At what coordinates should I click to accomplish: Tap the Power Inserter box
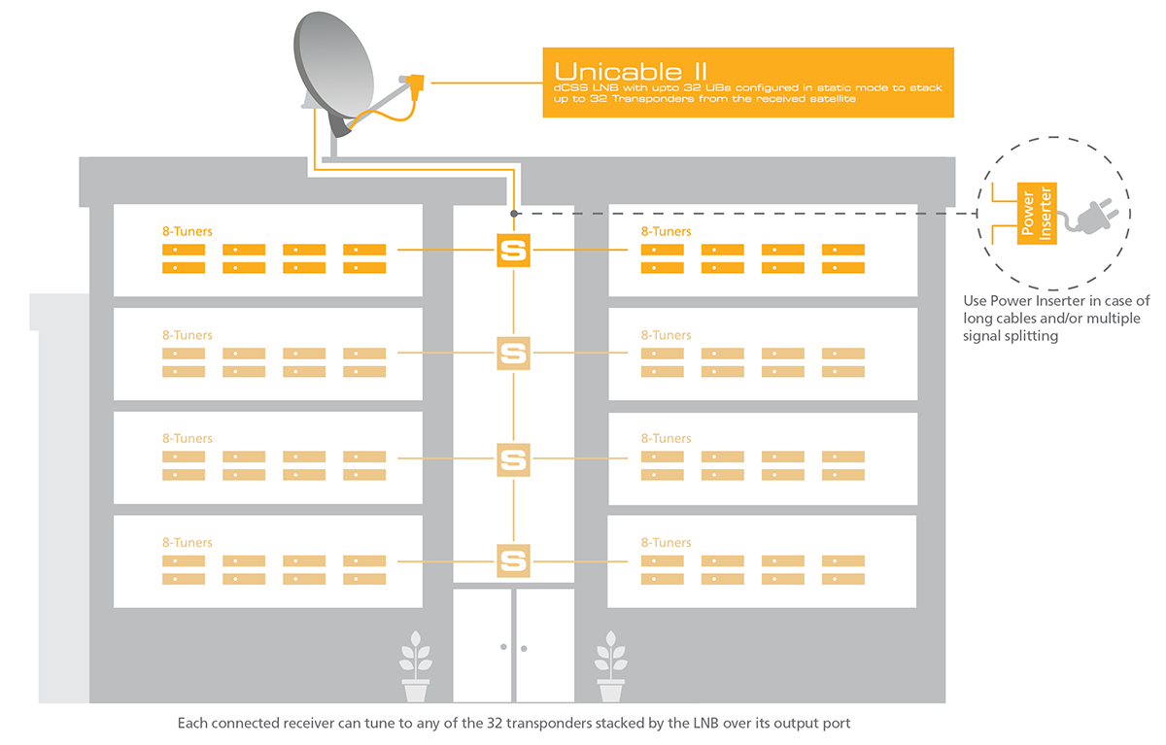1037,213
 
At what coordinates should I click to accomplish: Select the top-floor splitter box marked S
512,250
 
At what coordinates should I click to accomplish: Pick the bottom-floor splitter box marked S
512,560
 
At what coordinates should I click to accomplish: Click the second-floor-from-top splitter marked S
512,353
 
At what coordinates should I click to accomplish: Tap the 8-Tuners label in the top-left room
188,232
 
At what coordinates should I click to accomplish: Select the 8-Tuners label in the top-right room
667,232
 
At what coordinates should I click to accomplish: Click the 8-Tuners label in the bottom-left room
188,543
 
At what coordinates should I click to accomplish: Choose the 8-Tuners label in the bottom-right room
667,543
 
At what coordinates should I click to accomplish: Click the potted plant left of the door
415,667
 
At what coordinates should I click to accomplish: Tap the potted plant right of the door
610,667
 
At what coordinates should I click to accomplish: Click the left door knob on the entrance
503,646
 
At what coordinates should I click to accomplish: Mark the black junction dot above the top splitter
513,213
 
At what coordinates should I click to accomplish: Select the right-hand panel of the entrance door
544,645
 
